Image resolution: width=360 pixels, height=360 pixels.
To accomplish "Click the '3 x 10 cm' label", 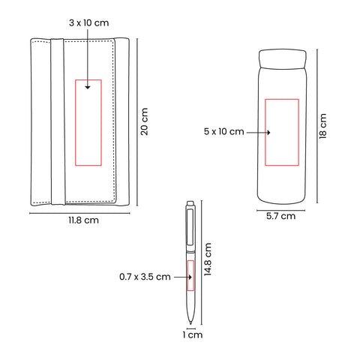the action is tap(89, 23).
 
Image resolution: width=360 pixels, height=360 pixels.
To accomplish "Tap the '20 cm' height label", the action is tap(144, 121).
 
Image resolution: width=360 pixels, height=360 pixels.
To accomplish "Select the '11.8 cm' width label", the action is tap(83, 220).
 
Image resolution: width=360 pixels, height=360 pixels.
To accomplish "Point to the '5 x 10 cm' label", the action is tap(223, 131).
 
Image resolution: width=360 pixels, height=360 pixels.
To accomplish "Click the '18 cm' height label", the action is tap(322, 126).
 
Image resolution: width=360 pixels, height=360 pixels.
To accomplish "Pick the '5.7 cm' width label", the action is tap(280, 216).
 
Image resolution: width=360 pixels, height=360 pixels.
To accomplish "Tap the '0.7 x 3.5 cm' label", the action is tap(145, 277).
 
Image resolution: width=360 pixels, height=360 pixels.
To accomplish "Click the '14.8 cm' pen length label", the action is tap(208, 259).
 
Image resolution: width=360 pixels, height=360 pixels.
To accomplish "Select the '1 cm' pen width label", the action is tap(192, 334).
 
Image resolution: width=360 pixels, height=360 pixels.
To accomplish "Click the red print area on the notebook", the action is tap(76, 122).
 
